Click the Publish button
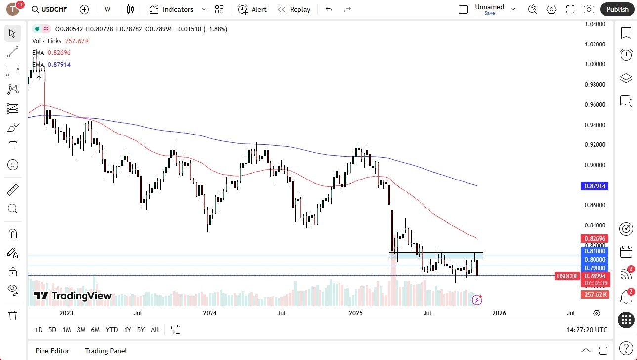click(x=617, y=9)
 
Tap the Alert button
click(x=252, y=9)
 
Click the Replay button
click(x=294, y=9)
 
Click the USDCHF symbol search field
click(x=52, y=9)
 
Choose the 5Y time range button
click(x=141, y=330)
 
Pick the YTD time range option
click(x=112, y=330)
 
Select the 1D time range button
click(x=39, y=330)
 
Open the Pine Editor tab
click(x=52, y=351)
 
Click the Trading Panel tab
click(x=106, y=351)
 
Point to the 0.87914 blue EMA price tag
click(x=595, y=186)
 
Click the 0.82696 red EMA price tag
click(x=595, y=238)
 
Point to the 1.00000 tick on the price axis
click(x=595, y=64)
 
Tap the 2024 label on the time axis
click(x=210, y=313)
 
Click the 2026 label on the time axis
click(x=499, y=313)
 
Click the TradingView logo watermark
click(x=73, y=296)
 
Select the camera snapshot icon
click(x=589, y=9)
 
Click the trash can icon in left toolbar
click(x=13, y=315)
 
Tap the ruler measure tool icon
click(x=13, y=189)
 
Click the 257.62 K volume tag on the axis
click(x=595, y=295)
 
